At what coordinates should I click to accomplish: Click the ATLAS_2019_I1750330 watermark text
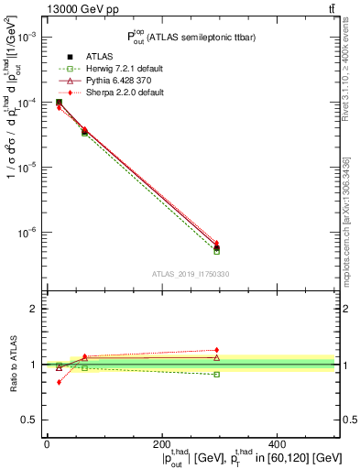190,274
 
